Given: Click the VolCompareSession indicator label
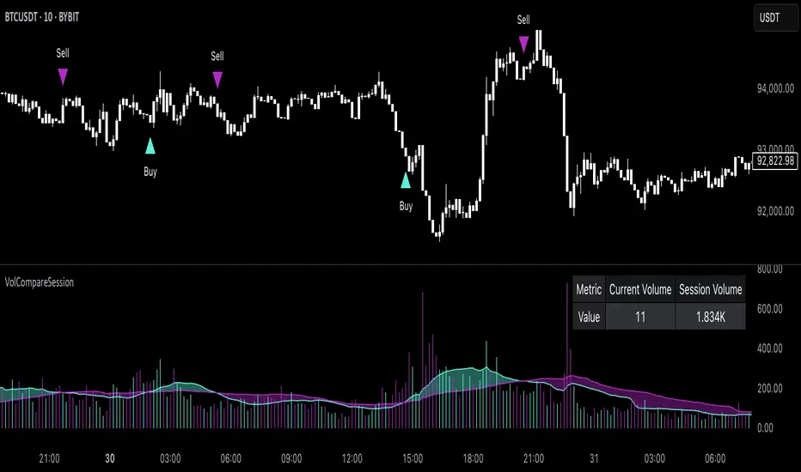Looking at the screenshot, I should pos(39,281).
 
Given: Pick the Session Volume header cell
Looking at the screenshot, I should pos(710,290).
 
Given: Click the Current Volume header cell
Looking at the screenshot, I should pos(639,290).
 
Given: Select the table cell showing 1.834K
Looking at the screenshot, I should pos(710,317).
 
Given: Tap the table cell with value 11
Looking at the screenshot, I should pos(639,317).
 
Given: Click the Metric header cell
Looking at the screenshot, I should pos(589,290).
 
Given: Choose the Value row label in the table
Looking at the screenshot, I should pos(589,317).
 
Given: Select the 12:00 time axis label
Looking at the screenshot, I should pos(352,458).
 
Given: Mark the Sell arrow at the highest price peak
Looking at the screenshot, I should pos(523,44).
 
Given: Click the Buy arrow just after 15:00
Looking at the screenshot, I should pos(406,180).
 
